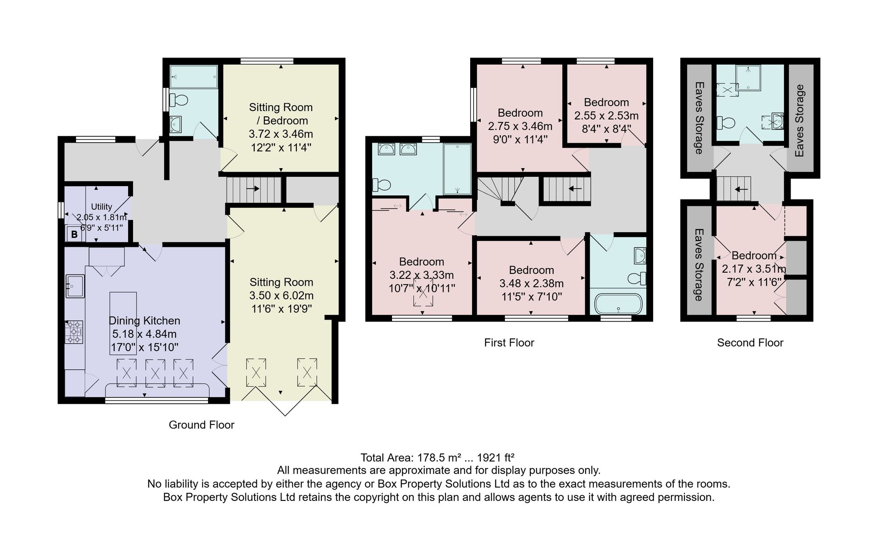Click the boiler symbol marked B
pyautogui.click(x=74, y=234)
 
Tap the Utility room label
pyautogui.click(x=101, y=207)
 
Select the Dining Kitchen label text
pyautogui.click(x=144, y=321)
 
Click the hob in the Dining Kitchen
pyautogui.click(x=74, y=332)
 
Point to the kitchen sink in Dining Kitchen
pyautogui.click(x=75, y=286)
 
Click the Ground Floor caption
pyautogui.click(x=202, y=425)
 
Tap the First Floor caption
pyautogui.click(x=509, y=343)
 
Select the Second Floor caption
pyautogui.click(x=750, y=343)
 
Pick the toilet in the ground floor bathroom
pyautogui.click(x=178, y=100)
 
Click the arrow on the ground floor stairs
pyautogui.click(x=253, y=189)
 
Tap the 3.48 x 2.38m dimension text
pyautogui.click(x=532, y=284)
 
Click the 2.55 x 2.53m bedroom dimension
pyautogui.click(x=606, y=116)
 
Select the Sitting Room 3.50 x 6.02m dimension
pyautogui.click(x=281, y=295)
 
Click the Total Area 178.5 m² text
pyautogui.click(x=437, y=458)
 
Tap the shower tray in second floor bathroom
pyautogui.click(x=748, y=78)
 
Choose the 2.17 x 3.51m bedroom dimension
pyautogui.click(x=754, y=269)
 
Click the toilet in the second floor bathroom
pyautogui.click(x=726, y=122)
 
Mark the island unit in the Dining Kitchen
pyautogui.click(x=123, y=324)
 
